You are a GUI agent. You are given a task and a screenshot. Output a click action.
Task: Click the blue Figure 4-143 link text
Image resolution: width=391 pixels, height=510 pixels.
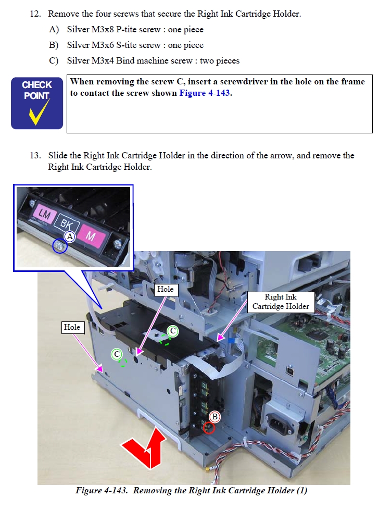coord(205,93)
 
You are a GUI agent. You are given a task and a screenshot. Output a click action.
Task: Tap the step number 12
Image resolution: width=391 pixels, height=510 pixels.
coord(35,14)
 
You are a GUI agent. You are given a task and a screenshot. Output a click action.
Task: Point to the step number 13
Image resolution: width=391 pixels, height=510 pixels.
coord(35,155)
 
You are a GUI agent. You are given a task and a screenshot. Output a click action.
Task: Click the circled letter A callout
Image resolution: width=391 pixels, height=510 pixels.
coord(70,237)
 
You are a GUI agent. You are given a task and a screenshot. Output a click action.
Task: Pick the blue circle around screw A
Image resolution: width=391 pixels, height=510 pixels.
coord(60,246)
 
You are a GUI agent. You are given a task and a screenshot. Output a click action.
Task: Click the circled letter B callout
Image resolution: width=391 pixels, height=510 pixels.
coord(215,417)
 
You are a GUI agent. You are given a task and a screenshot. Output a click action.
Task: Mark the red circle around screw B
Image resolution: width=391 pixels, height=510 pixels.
coord(209,428)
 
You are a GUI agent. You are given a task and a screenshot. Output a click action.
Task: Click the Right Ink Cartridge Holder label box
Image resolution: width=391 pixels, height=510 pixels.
coord(281,302)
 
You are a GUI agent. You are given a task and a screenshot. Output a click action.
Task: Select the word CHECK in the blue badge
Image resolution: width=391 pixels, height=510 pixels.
coord(37,85)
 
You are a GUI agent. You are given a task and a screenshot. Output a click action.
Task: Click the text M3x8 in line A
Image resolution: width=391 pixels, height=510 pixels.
coord(103,30)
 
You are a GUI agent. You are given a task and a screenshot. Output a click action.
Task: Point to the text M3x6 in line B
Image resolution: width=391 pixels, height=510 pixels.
coord(103,45)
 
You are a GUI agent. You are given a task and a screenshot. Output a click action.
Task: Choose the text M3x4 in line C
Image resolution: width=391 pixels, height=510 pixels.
coord(103,61)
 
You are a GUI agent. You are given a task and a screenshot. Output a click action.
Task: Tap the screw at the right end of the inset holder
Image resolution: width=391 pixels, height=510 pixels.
coord(117,243)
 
